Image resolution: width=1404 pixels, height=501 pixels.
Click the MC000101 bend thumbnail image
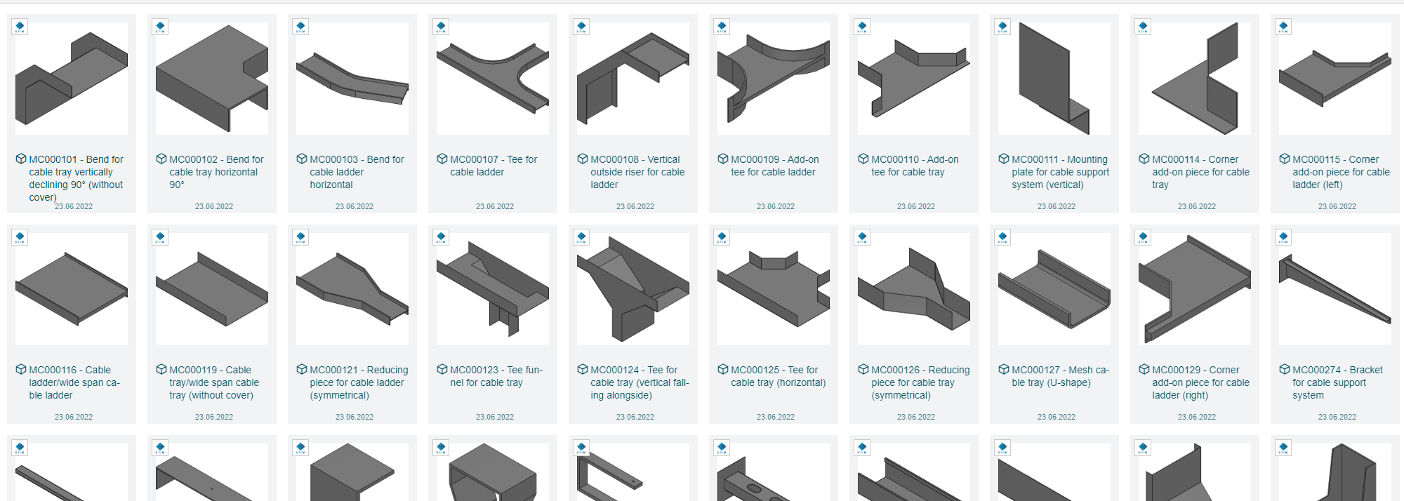click(72, 79)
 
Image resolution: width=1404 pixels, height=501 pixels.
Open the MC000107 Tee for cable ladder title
click(494, 166)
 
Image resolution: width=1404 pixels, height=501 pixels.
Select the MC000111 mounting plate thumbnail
click(1054, 79)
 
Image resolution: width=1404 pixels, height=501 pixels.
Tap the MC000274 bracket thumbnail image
click(1335, 289)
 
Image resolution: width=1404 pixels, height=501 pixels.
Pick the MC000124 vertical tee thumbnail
click(633, 289)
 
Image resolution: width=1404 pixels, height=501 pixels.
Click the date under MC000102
click(214, 206)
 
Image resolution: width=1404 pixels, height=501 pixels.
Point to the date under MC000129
click(1197, 417)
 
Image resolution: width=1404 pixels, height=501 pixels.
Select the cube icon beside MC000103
click(302, 159)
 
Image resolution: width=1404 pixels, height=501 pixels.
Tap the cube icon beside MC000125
click(723, 370)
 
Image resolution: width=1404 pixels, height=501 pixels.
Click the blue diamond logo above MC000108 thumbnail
click(581, 27)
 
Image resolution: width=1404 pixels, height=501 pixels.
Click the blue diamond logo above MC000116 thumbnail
click(20, 238)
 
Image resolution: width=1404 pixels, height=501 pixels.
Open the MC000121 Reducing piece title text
click(359, 382)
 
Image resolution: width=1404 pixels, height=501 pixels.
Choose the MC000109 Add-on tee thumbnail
click(774, 79)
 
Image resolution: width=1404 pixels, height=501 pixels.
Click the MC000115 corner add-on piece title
click(1341, 172)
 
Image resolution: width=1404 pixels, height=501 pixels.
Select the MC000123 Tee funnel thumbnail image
click(493, 289)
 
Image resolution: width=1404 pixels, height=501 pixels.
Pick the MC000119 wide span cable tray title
click(214, 382)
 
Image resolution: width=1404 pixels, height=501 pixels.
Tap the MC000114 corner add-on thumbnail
click(1195, 79)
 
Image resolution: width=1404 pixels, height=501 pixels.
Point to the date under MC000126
click(916, 417)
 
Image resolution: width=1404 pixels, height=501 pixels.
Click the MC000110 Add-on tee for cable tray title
click(915, 166)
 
